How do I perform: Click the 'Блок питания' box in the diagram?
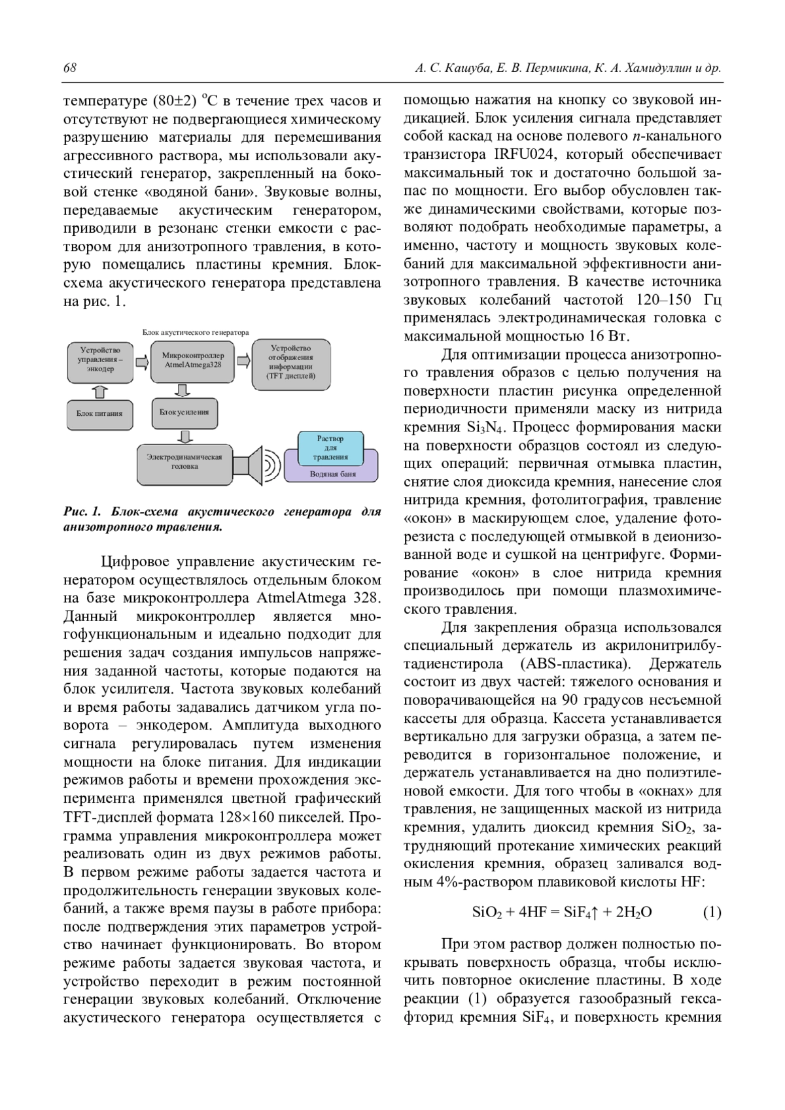coord(99,413)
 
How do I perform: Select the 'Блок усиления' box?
coord(184,412)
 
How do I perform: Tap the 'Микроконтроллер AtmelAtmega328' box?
coord(193,360)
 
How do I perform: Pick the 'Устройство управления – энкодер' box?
coord(99,360)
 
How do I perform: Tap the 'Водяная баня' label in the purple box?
coord(332,474)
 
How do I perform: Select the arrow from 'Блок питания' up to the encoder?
coord(99,391)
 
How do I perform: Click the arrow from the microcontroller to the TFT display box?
coord(243,360)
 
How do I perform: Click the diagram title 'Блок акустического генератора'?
coord(196,332)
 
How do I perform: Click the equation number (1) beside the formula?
coord(712,912)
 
